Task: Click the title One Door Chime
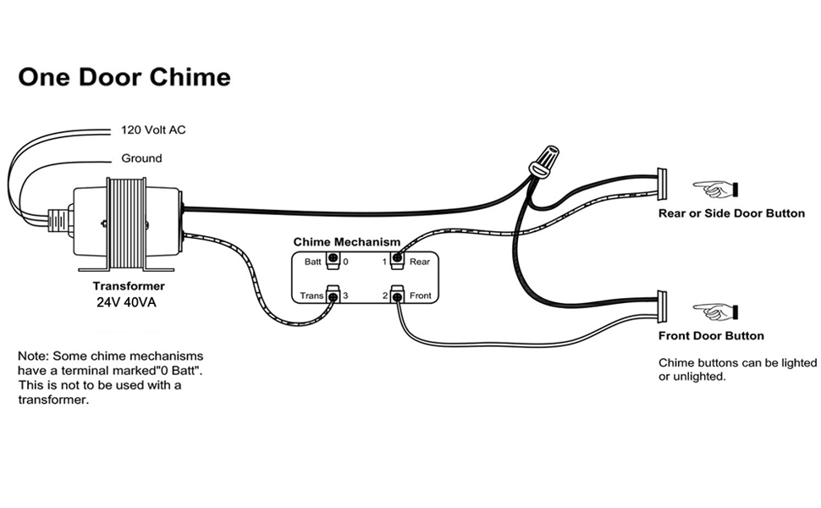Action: (x=124, y=77)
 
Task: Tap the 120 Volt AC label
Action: (x=153, y=130)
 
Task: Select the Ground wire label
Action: (x=141, y=158)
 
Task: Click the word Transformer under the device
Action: (x=129, y=286)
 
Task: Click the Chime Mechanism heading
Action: (x=346, y=242)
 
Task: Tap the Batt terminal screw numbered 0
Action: (x=333, y=261)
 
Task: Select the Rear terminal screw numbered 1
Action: (x=395, y=261)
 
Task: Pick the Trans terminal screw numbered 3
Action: (x=333, y=295)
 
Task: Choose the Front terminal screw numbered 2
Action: (x=395, y=295)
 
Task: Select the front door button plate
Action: (x=662, y=307)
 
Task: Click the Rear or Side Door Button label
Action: (x=731, y=213)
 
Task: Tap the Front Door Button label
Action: (x=711, y=336)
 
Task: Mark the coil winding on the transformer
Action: (x=124, y=222)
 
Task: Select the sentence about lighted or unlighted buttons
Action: (x=737, y=369)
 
